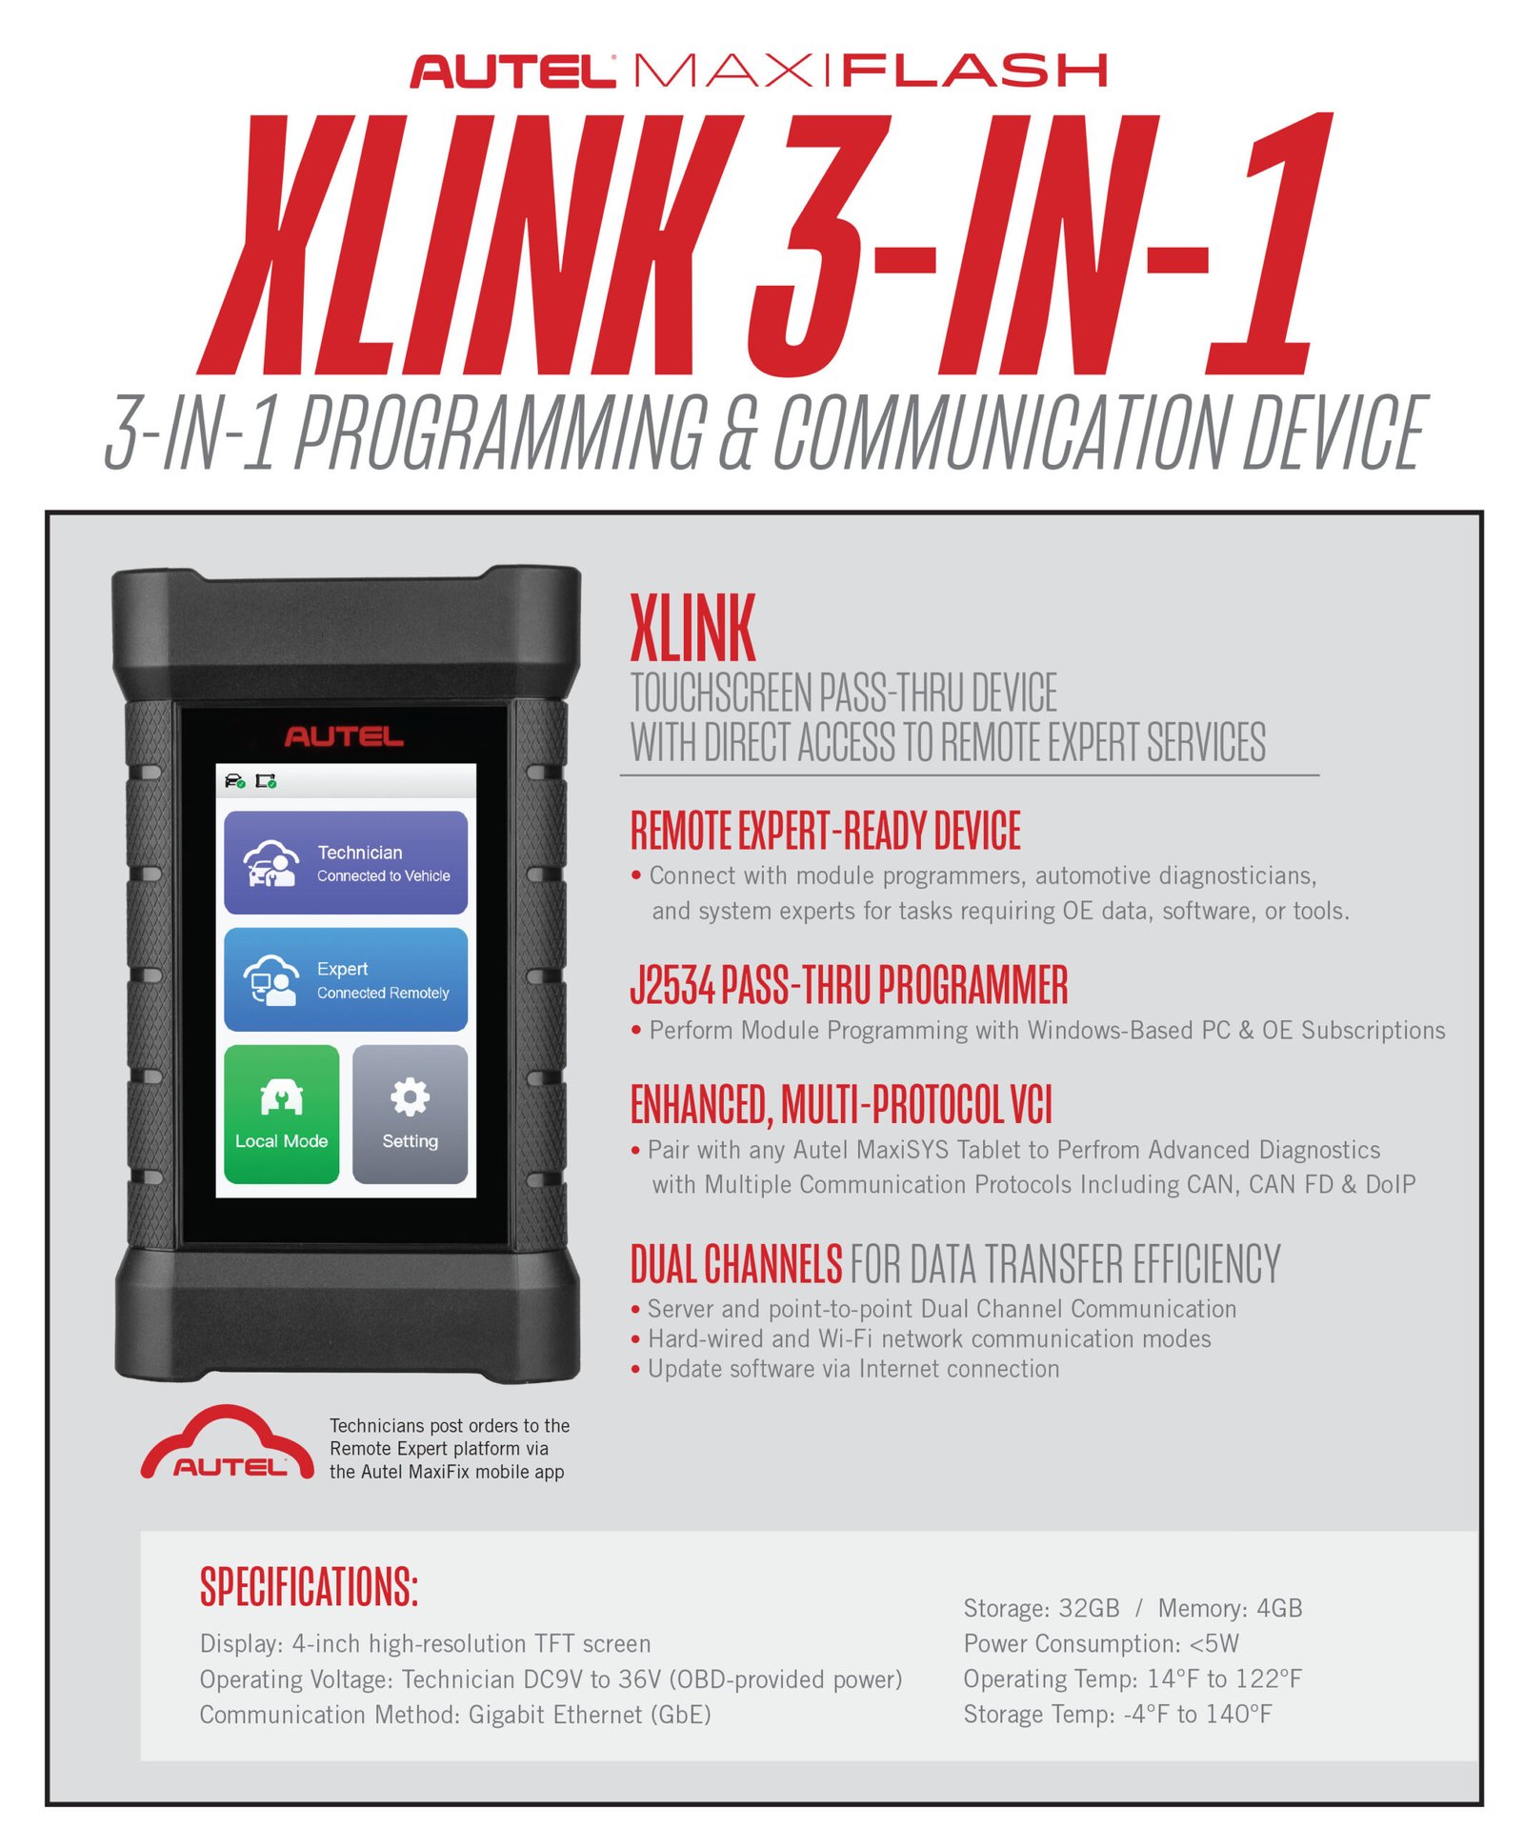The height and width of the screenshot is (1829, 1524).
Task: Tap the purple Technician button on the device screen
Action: point(345,862)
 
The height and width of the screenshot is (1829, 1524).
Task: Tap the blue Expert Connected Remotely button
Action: point(345,979)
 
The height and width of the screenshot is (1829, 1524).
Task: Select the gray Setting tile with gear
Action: point(410,1114)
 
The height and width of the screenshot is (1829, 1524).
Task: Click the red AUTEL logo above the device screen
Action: point(344,736)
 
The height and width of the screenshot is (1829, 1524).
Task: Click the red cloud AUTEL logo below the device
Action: point(228,1445)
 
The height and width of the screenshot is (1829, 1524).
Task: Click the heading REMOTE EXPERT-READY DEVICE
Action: point(825,831)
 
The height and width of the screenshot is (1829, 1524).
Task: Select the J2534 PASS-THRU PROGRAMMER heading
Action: point(849,985)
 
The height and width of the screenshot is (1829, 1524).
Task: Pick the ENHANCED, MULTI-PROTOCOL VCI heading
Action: point(841,1105)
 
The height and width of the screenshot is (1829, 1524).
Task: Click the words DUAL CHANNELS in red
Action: point(736,1264)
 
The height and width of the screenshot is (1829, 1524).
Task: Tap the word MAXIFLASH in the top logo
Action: point(870,71)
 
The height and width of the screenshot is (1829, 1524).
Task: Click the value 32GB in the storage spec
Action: point(1089,1608)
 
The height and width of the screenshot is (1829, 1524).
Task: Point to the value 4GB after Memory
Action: point(1278,1608)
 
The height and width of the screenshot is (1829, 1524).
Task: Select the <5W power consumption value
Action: point(1213,1643)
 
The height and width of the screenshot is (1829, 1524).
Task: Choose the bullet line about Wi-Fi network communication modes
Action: point(929,1338)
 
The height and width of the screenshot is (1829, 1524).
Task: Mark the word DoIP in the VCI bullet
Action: point(1390,1184)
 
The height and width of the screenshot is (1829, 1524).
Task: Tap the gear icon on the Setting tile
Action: point(410,1096)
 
